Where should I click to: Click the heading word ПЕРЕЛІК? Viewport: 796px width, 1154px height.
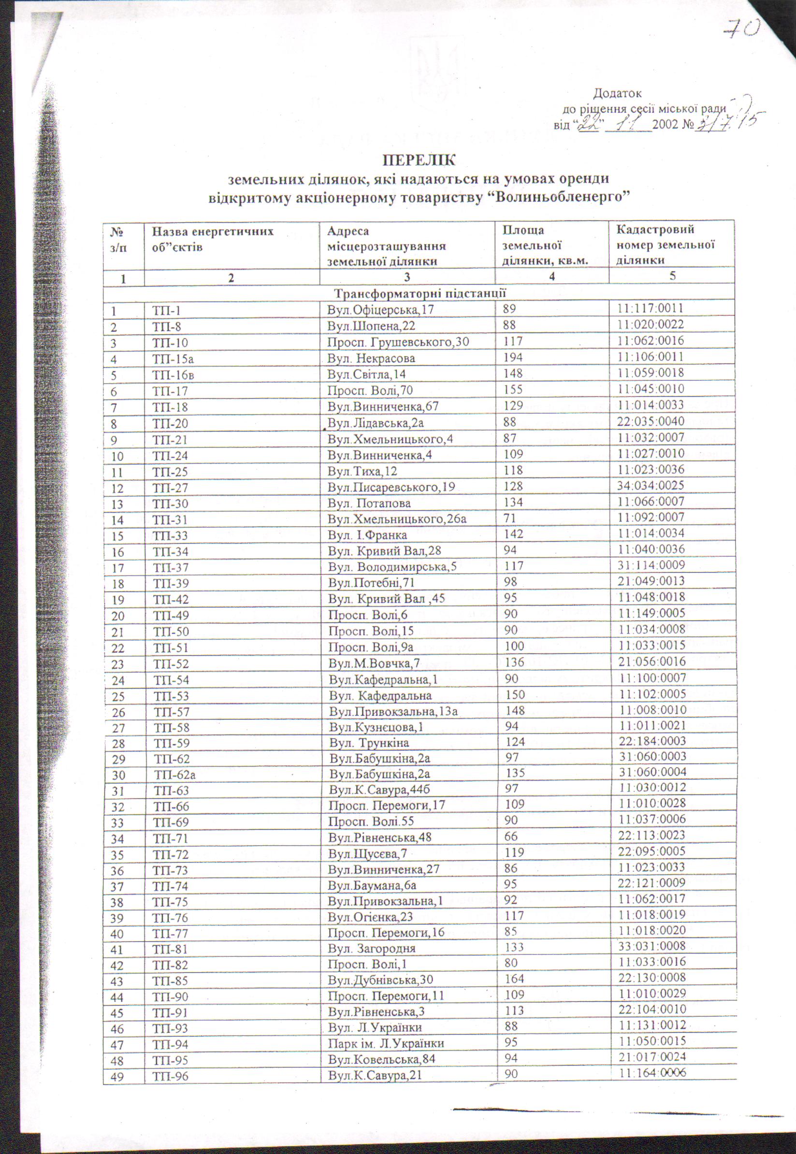click(419, 161)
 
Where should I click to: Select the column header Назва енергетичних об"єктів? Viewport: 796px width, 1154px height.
click(213, 239)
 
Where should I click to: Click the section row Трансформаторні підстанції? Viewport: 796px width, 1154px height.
click(420, 293)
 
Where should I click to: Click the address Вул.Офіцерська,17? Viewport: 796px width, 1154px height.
click(380, 310)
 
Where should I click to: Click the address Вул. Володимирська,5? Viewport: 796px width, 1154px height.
click(392, 567)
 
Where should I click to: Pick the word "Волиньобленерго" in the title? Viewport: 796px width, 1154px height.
click(555, 197)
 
